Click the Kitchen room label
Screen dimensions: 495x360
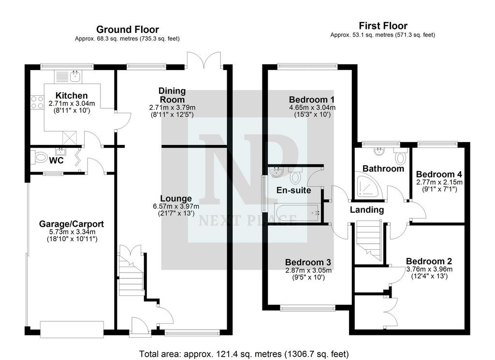72,96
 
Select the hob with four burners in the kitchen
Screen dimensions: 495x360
37,102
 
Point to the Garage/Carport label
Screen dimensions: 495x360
72,224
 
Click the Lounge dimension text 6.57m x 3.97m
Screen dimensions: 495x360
176,206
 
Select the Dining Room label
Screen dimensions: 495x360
172,95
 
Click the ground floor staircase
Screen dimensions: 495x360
131,274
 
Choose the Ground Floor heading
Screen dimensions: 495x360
128,29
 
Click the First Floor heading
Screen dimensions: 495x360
383,26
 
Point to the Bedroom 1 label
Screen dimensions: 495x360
312,100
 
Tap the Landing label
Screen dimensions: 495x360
367,210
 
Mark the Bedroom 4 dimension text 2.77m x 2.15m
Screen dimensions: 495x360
439,182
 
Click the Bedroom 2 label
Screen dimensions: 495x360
429,261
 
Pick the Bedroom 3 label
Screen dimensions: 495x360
308,262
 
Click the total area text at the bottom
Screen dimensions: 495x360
244,354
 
